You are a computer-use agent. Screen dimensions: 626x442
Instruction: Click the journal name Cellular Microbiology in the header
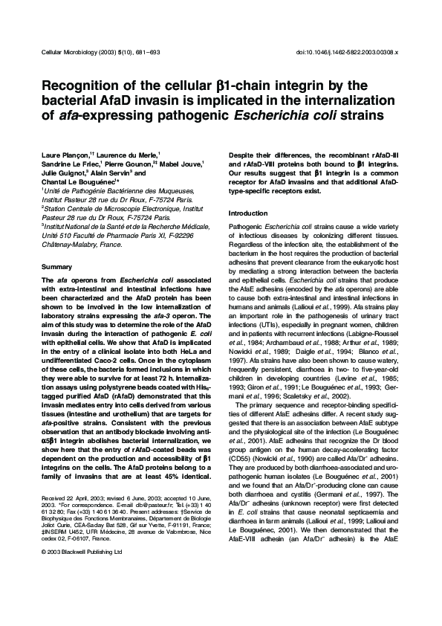pos(70,51)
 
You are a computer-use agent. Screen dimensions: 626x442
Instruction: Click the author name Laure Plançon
pos(62,154)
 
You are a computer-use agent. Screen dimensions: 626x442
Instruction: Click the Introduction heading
pos(247,213)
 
